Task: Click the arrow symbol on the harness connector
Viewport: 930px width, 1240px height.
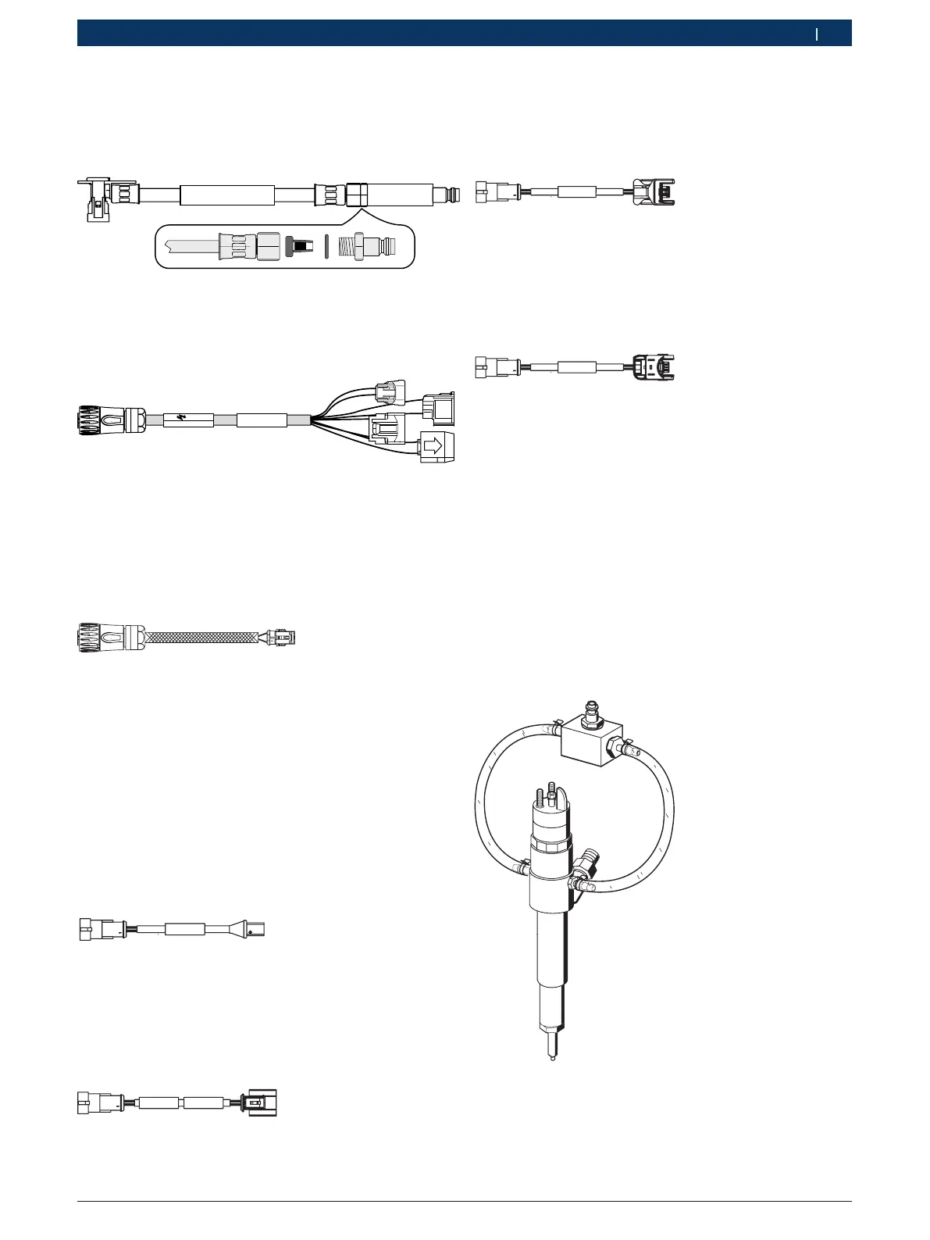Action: coord(434,446)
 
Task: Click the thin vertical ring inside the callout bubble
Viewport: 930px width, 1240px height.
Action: coord(326,246)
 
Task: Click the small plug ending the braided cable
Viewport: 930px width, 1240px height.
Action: coord(281,638)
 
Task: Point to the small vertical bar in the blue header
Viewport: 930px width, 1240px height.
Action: coord(818,34)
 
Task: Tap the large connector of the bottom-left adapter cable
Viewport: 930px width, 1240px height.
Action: coord(262,1102)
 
